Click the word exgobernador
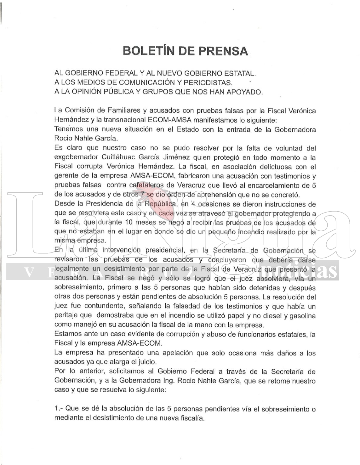click(76, 157)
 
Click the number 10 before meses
click(129, 222)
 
